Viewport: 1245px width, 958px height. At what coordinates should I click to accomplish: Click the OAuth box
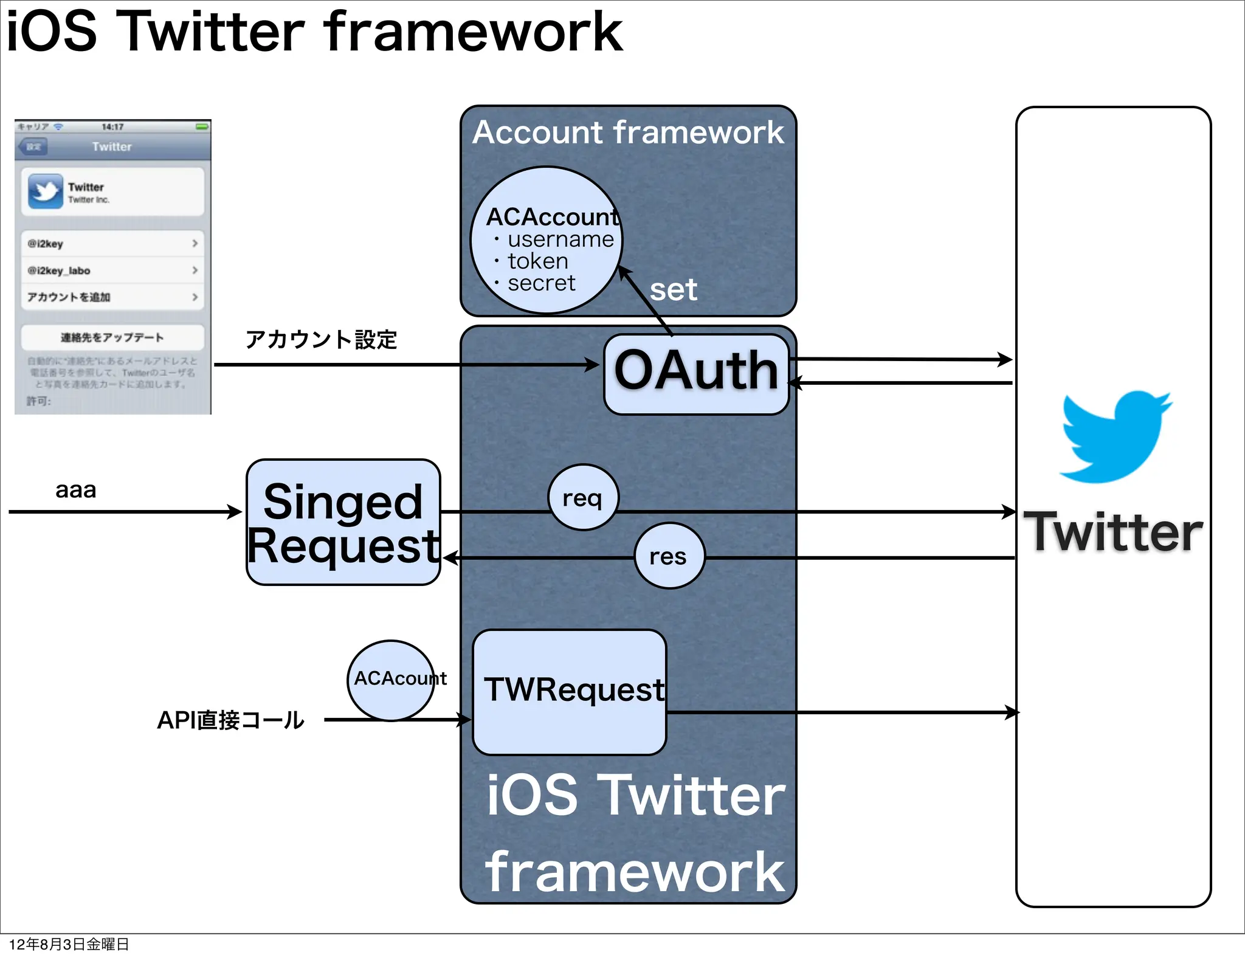[x=696, y=373]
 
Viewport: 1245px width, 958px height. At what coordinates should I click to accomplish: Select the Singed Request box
[x=343, y=523]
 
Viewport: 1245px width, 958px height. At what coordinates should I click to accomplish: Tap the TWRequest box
[x=570, y=692]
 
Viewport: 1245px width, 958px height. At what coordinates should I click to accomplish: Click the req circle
[x=582, y=498]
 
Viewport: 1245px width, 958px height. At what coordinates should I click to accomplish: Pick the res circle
[x=669, y=556]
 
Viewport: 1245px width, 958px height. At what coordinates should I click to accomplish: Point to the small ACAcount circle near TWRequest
[x=391, y=680]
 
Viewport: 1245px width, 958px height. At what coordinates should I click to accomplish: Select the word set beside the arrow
[x=673, y=290]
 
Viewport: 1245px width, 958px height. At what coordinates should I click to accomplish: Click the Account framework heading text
[x=628, y=133]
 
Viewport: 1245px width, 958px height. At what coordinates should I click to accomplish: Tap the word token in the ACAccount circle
[x=538, y=261]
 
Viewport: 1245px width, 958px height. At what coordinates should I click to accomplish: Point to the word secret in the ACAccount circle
[x=541, y=283]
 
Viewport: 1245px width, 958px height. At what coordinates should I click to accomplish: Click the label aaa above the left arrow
[x=75, y=490]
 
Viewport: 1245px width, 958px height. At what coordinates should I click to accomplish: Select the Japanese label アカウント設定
[x=321, y=339]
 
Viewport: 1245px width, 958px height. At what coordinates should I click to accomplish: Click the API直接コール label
[x=230, y=720]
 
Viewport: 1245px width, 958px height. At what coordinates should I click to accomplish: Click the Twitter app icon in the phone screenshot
[x=46, y=191]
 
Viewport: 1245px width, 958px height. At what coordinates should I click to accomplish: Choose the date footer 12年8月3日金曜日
[x=69, y=944]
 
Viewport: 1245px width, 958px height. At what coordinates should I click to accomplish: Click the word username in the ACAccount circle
[x=560, y=239]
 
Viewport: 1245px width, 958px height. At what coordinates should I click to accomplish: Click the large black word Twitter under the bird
[x=1114, y=532]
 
